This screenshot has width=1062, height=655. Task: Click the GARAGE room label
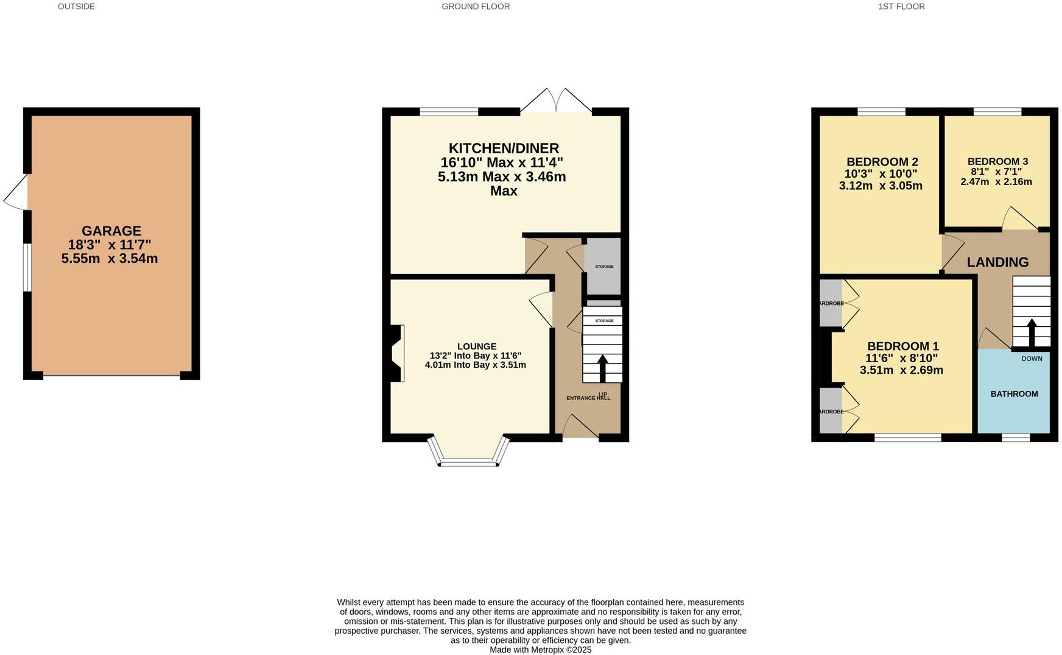coord(111,231)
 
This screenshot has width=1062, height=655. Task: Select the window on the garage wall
coord(26,268)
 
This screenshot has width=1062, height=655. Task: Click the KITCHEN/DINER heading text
coord(504,148)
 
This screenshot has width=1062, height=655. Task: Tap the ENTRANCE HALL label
coord(588,398)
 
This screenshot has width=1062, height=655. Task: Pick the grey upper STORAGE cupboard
coord(603,266)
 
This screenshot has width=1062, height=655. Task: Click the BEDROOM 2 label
coord(882,162)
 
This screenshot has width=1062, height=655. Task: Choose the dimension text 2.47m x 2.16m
coord(996,182)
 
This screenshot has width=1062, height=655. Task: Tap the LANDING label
coord(997,262)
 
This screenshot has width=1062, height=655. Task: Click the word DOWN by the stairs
coord(1032,359)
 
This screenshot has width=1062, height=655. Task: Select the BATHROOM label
coord(1014,394)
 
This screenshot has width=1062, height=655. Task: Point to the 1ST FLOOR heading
coord(901,7)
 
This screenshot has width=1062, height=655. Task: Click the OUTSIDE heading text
coord(76,7)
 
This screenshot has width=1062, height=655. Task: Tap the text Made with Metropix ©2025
coord(540,650)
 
